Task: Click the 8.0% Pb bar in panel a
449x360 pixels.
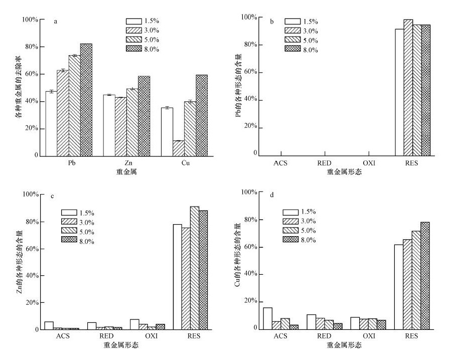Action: click(x=86, y=100)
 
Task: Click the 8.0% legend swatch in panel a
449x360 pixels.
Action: click(x=134, y=50)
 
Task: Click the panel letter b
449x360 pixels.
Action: click(x=271, y=22)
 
